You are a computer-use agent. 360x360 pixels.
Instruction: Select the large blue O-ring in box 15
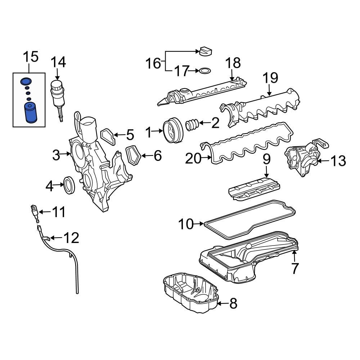click(26, 81)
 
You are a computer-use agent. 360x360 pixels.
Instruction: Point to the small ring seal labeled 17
click(205, 71)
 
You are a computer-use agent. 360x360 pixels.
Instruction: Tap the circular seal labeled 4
click(69, 185)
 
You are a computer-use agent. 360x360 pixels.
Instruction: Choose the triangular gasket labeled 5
click(107, 136)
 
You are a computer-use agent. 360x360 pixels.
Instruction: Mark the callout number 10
click(186, 224)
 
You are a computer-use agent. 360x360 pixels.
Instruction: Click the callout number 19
click(270, 78)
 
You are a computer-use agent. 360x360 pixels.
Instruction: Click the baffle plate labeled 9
click(255, 189)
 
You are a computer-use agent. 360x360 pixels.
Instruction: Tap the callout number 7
click(295, 269)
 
